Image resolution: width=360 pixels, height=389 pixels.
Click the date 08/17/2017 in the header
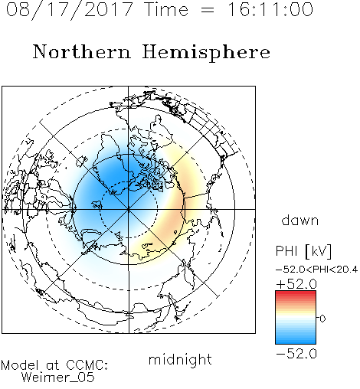(x=69, y=10)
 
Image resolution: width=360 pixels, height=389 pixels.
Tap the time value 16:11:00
(x=270, y=9)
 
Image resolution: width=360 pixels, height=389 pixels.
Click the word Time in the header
(x=166, y=9)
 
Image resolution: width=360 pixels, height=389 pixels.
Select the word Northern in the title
(x=82, y=52)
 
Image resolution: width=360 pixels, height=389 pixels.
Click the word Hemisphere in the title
(x=206, y=53)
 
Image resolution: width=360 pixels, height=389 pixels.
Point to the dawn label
(x=300, y=220)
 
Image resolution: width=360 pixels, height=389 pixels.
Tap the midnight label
(x=180, y=359)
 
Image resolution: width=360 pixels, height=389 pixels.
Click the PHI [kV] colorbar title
(x=303, y=251)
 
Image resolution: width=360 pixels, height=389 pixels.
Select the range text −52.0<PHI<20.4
(x=316, y=270)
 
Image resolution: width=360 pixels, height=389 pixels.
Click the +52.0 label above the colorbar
(x=296, y=284)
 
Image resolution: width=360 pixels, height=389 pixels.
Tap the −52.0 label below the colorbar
(x=296, y=354)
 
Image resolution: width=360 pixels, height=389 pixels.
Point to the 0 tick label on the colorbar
(x=322, y=319)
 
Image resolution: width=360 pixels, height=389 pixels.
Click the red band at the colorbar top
(x=296, y=293)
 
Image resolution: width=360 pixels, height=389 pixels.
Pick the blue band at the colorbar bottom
(x=296, y=342)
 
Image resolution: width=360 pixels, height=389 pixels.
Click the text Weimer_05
(x=58, y=377)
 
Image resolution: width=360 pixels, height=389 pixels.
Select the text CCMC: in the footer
(x=87, y=365)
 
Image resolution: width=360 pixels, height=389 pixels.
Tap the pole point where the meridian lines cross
(x=129, y=209)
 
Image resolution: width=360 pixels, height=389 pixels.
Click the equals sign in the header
(x=208, y=10)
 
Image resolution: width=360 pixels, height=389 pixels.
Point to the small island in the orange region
(x=175, y=232)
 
